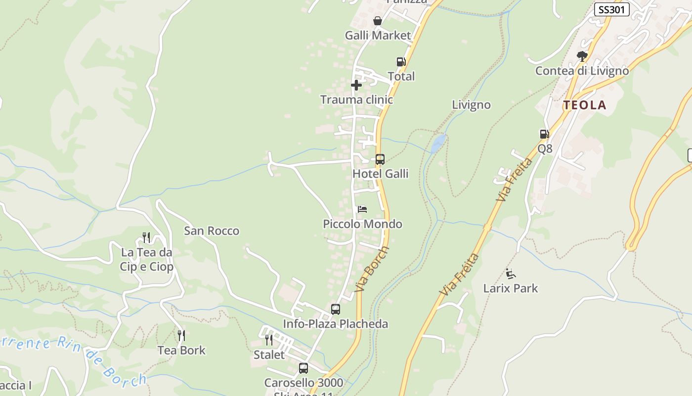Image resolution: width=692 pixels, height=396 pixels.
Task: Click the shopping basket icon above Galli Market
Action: pos(378,21)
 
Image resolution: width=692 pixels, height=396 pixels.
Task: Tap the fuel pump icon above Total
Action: pos(401,62)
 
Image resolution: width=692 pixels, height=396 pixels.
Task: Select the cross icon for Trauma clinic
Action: pos(356,85)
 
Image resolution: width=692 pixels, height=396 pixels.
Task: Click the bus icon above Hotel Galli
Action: pos(380,159)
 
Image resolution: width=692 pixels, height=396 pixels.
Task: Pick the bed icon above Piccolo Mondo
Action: pos(362,209)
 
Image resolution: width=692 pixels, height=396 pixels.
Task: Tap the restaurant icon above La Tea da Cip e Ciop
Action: pos(146,238)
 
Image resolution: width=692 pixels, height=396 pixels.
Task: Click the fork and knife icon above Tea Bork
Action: pos(181,336)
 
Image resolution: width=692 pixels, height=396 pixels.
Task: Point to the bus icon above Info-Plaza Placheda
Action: pos(336,309)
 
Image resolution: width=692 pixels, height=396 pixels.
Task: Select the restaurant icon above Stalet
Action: pos(268,340)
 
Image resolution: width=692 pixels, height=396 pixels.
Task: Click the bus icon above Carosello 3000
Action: pos(303,368)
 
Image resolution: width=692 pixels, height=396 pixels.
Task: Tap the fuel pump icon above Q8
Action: pos(544,134)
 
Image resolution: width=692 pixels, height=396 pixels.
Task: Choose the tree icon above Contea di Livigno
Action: pos(582,56)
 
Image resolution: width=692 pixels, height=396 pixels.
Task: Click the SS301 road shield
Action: pos(611,9)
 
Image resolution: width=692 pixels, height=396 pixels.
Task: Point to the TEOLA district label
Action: pos(585,105)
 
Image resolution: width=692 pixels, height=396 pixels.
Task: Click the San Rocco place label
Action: pos(212,231)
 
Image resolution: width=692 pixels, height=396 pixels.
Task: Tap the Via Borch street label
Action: pos(372,269)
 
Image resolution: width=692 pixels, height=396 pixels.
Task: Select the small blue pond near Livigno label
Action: pos(438,143)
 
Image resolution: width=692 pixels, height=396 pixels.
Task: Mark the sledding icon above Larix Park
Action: pos(511,274)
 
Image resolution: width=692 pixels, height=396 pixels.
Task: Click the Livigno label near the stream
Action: pos(472,105)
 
